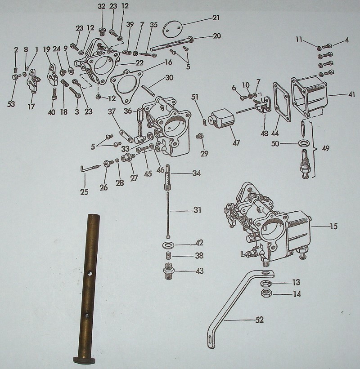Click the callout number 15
click(x=333, y=226)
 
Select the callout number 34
click(x=196, y=173)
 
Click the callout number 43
click(x=199, y=271)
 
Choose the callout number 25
click(x=84, y=192)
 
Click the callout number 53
click(x=11, y=105)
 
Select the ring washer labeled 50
click(x=304, y=143)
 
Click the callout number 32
click(x=102, y=6)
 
